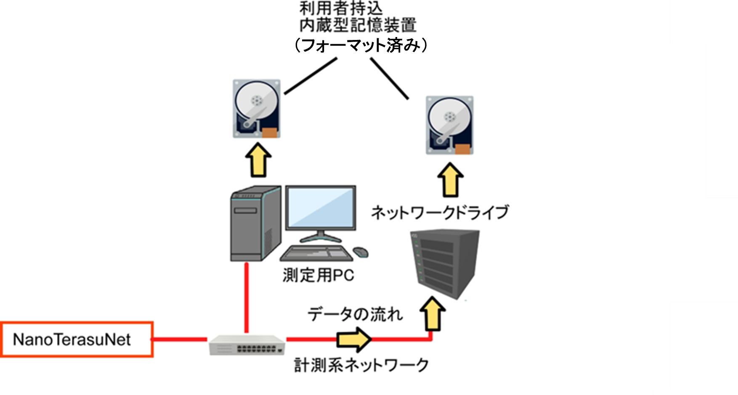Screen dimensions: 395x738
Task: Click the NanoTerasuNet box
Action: click(77, 339)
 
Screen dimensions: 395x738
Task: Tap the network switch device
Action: click(247, 345)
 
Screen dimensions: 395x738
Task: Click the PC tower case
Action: click(255, 224)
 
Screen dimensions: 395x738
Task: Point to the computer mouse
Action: click(361, 252)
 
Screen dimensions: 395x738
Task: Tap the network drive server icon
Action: click(445, 262)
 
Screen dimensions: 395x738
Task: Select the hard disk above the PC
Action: click(257, 109)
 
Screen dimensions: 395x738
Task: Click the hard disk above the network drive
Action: click(449, 125)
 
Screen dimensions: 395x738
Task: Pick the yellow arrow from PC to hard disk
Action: click(258, 160)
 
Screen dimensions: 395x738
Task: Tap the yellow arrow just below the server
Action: click(432, 314)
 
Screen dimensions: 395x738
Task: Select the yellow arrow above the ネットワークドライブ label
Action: click(450, 180)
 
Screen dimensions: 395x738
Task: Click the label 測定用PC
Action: click(319, 276)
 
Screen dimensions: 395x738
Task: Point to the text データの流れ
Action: click(355, 314)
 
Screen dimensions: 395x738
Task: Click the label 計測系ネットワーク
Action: click(361, 365)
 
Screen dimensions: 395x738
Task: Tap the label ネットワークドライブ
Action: click(440, 212)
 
